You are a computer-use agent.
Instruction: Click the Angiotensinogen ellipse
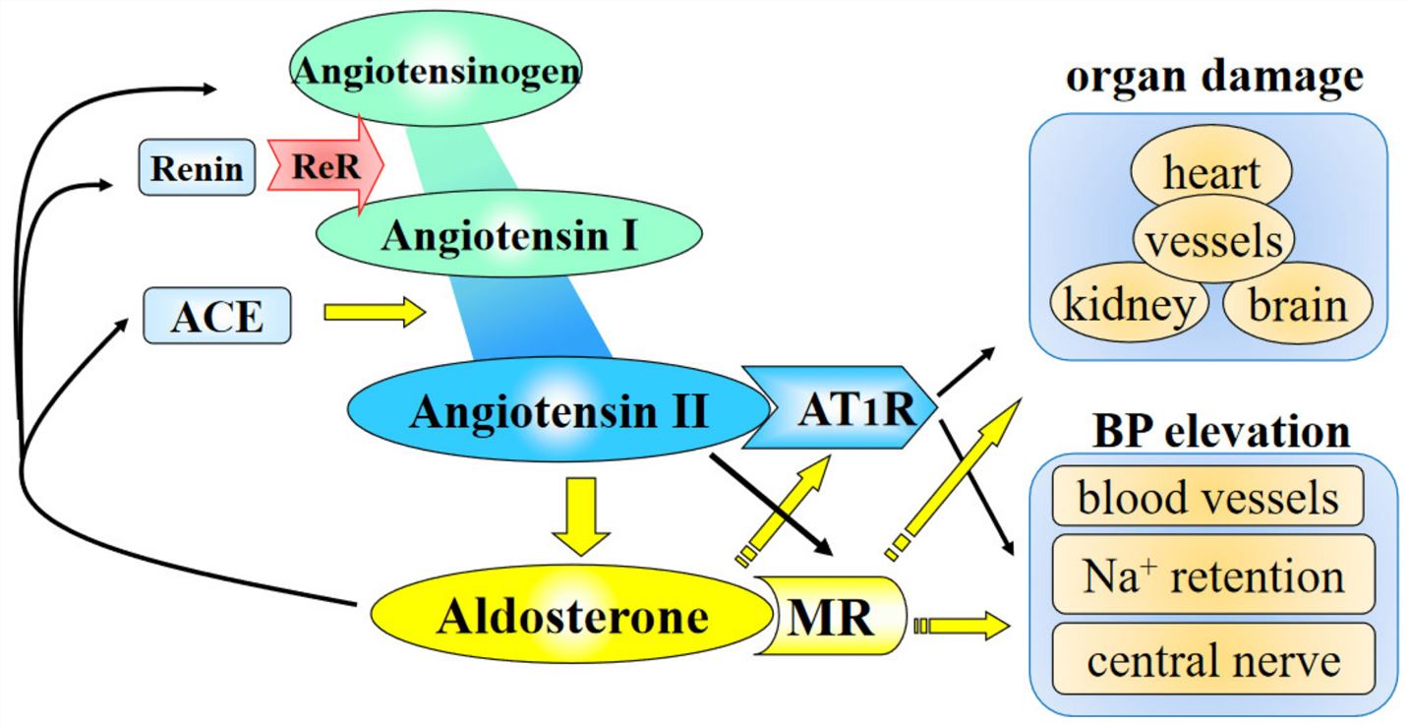coord(433,69)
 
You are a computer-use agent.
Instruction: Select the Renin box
coord(196,167)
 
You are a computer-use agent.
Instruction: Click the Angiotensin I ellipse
coord(508,234)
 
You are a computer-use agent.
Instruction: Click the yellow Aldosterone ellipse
coord(571,617)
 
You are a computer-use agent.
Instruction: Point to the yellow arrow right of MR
coord(964,626)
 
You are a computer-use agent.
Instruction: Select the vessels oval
coord(1213,240)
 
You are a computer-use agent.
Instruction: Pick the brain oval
coord(1297,305)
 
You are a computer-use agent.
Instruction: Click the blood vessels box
coord(1207,497)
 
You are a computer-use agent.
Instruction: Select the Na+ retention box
coord(1212,575)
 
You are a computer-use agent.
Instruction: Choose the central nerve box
coord(1212,659)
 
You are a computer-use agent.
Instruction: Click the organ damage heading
coord(1213,76)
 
